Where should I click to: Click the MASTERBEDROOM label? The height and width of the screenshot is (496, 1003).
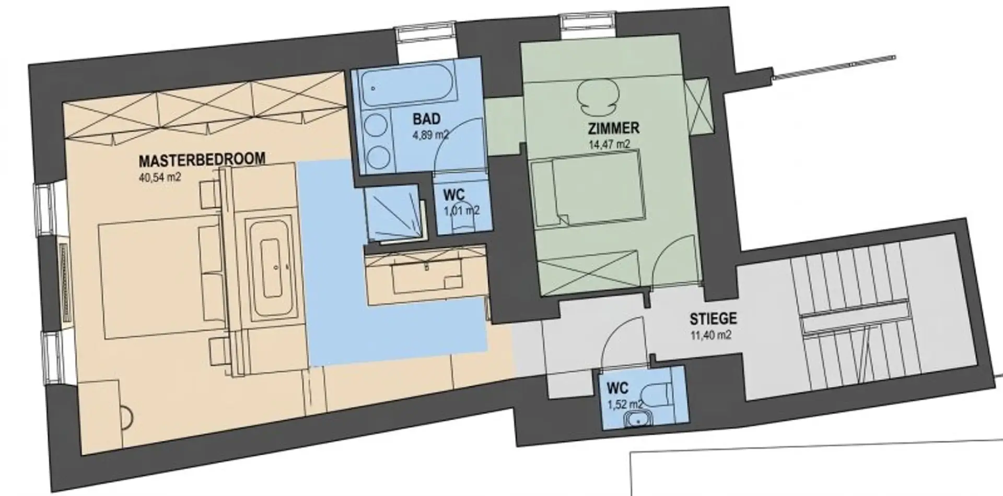coord(202,159)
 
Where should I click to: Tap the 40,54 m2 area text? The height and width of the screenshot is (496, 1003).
coord(160,176)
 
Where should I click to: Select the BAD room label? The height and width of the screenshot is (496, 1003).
coord(427,119)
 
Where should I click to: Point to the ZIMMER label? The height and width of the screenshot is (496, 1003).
coord(613,127)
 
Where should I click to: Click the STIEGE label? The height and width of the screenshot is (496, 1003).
coord(713,318)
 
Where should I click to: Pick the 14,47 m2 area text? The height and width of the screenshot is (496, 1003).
coord(609,144)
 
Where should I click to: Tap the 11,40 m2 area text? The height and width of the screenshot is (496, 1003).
coord(710,335)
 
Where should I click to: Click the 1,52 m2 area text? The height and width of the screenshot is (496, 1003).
coord(625,404)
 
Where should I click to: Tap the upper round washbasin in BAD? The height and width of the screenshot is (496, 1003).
coord(375,127)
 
